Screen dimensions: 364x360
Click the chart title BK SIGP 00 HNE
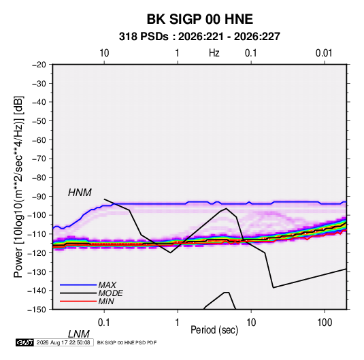199,19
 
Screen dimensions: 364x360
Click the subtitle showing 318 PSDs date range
199,37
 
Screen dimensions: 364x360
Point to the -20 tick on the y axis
39,65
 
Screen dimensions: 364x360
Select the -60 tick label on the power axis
39,140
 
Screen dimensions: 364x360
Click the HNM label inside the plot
80,193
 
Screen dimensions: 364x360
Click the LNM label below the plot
79,334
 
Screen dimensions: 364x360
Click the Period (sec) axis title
214,330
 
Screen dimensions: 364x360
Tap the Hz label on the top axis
214,53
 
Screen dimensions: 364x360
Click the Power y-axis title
18,187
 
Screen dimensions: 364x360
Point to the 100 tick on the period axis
325,323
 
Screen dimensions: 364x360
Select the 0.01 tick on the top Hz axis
324,53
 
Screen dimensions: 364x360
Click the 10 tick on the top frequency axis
104,53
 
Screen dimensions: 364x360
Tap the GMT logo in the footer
25,342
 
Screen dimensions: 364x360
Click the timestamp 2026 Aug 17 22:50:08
63,342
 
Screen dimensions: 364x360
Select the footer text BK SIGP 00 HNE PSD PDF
127,342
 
